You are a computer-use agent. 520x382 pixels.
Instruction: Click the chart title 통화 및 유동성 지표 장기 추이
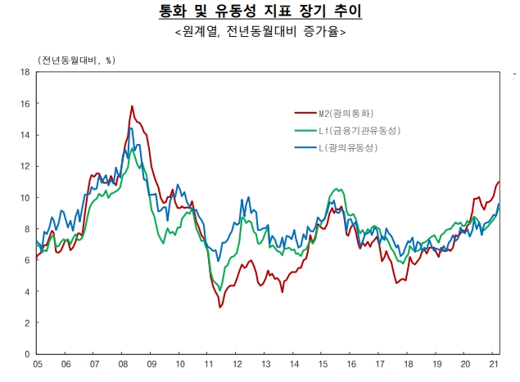point(260,13)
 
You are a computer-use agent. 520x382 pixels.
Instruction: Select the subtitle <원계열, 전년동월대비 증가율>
point(260,33)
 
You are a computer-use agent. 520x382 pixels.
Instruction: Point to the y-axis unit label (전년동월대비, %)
point(76,61)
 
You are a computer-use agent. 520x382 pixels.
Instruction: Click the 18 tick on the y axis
point(25,72)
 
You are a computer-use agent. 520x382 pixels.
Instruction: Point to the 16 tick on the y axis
point(25,104)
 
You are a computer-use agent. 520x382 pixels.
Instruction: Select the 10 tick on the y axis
point(25,197)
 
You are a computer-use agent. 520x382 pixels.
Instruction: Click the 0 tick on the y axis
point(27,353)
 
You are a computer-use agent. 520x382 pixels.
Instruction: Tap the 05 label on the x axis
point(38,365)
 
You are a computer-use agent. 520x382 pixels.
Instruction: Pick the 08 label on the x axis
point(124,365)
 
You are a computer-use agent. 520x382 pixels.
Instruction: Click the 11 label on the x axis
point(210,365)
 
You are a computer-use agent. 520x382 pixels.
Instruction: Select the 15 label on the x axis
point(324,365)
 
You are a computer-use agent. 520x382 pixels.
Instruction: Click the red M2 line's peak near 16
point(132,106)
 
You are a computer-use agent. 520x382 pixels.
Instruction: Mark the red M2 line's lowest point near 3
point(220,307)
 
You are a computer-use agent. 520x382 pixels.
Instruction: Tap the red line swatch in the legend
point(305,113)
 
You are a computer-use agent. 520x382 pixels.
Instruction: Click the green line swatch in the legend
point(305,131)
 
